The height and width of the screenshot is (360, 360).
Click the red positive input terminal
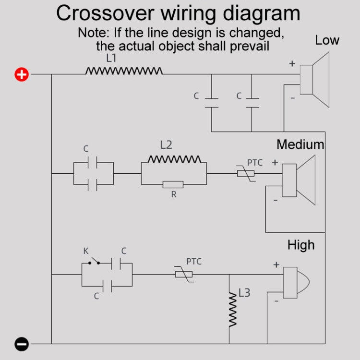tap(22, 74)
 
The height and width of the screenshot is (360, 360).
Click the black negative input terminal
tap(22, 344)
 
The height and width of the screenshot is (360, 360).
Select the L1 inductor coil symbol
tap(124, 72)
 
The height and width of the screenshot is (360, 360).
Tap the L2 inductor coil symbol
tap(174, 159)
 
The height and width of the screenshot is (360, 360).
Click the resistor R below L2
tap(173, 184)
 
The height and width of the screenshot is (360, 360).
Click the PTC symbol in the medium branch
tap(245, 173)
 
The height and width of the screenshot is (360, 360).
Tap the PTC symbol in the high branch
tap(183, 275)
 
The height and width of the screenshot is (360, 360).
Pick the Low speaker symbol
tap(314, 80)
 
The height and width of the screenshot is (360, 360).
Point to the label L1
tap(111, 59)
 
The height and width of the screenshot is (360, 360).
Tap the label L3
tap(244, 292)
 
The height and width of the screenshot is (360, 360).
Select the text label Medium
tap(300, 144)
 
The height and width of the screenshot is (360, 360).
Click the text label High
tap(301, 245)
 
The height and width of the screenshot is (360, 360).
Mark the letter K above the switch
tap(86, 251)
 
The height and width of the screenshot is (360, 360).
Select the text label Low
tap(327, 40)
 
